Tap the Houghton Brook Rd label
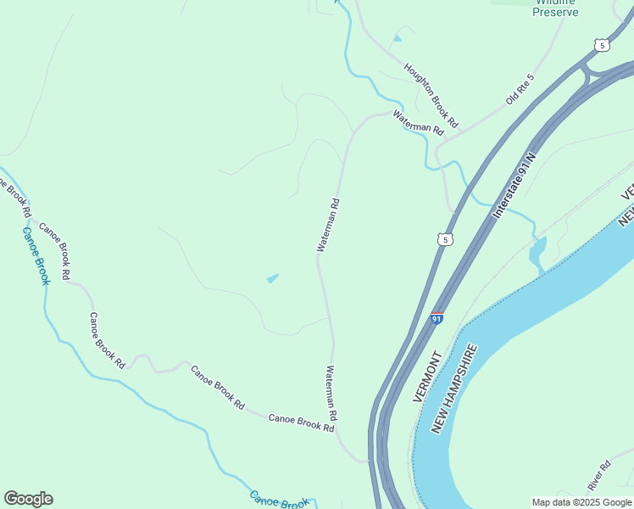[431, 93]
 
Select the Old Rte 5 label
[520, 89]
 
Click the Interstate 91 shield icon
[437, 319]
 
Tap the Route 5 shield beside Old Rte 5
[601, 45]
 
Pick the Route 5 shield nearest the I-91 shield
[446, 240]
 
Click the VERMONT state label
[429, 377]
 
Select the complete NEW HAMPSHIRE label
[454, 389]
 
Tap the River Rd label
[598, 476]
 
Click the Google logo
[28, 499]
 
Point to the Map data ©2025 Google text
[581, 502]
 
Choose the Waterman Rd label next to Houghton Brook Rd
[418, 124]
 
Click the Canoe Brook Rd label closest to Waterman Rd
[301, 422]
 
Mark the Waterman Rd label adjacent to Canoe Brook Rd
[332, 394]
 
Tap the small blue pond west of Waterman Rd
[272, 278]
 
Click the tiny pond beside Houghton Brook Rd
[398, 38]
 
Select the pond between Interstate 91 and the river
[537, 252]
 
